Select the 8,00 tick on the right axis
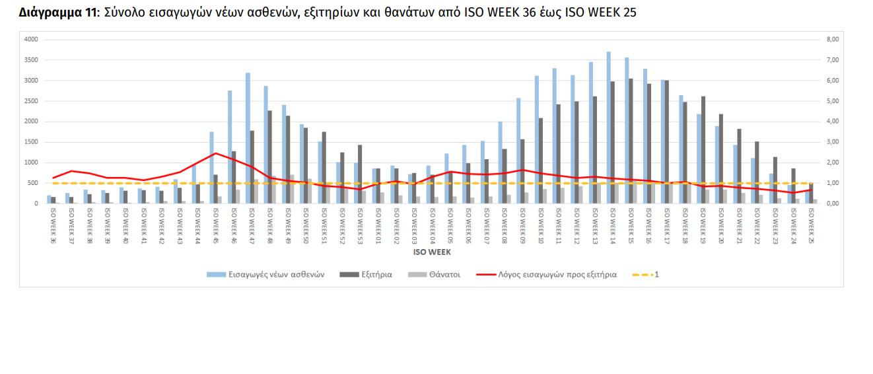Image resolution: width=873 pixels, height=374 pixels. point(832,40)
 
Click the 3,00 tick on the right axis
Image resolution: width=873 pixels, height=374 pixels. point(832,142)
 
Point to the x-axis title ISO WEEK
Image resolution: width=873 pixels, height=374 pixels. point(432,252)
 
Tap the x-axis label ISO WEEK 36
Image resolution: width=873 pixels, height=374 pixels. point(53,225)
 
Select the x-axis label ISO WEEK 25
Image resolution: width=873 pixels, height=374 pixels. point(811,225)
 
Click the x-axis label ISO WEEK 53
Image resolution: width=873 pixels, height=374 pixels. point(359,225)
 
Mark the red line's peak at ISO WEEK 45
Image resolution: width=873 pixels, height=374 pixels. point(215,153)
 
